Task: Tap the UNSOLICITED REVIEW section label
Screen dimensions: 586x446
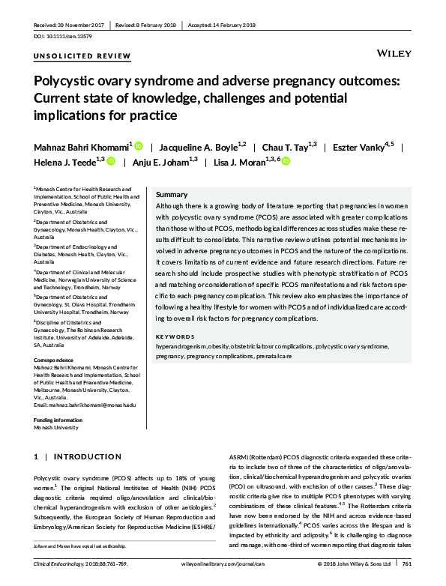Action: [82, 57]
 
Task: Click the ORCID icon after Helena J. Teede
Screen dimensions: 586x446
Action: [110, 160]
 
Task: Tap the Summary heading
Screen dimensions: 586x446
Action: [172, 194]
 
